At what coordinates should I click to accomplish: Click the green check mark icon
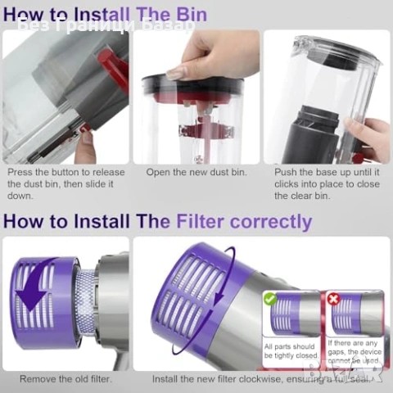(x=270, y=300)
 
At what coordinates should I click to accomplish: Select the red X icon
(x=332, y=300)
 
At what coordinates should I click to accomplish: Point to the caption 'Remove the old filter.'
(x=65, y=378)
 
